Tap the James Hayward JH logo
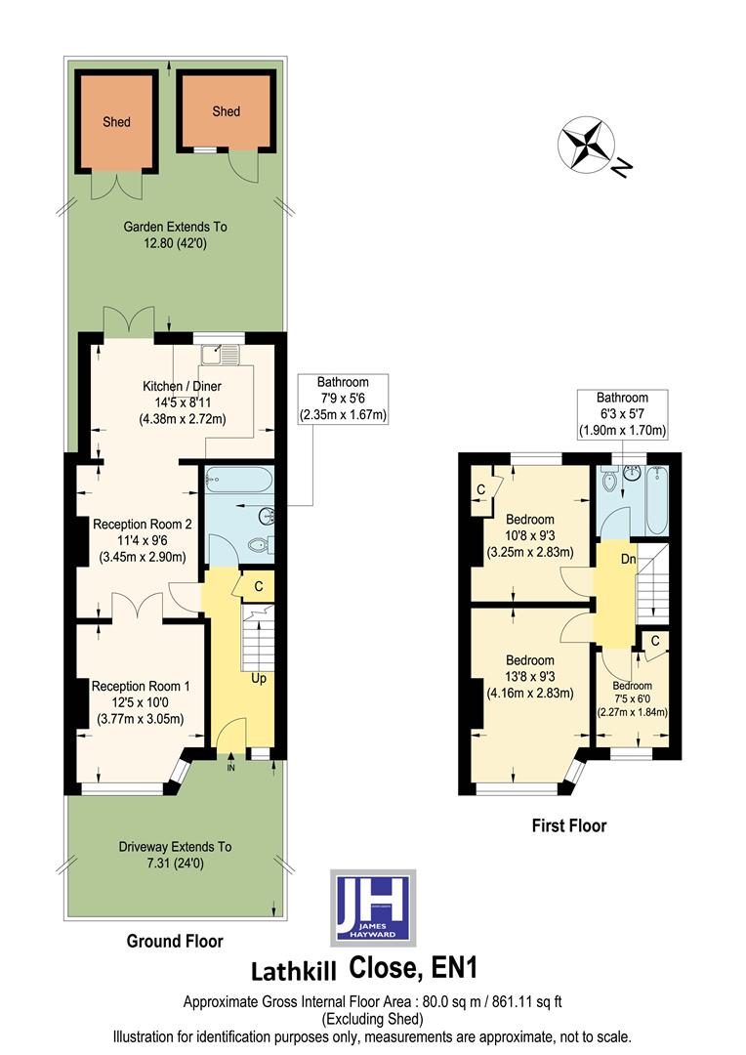373,907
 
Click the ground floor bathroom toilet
258,546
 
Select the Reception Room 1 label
143,687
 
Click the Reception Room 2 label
143,524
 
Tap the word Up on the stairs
259,677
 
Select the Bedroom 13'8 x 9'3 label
530,660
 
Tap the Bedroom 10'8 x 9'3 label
530,519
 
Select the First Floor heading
568,825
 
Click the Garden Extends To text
175,227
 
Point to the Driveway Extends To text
175,847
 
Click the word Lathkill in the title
294,971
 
